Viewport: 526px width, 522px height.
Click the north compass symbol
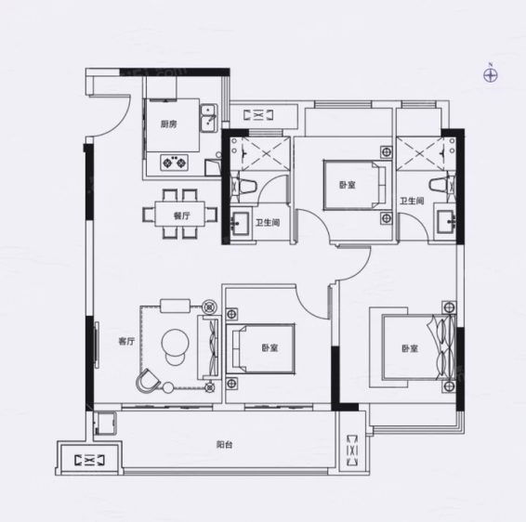491,75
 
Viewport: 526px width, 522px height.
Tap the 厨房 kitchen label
168,124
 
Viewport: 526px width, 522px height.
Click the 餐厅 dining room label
181,215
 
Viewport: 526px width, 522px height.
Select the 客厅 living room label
126,341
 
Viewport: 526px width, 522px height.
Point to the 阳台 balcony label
224,445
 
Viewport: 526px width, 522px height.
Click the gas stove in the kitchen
174,163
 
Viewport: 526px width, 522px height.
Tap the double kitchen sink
209,118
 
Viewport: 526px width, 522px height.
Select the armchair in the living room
148,381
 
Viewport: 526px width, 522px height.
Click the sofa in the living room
209,347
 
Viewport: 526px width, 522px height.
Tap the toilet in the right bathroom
442,185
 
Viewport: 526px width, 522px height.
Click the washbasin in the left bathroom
240,223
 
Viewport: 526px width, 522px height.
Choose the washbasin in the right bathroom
446,222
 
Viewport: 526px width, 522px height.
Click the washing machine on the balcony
105,424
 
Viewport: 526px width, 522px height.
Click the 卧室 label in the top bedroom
348,185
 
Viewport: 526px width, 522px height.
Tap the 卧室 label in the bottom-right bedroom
410,348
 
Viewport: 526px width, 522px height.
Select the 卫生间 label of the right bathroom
412,202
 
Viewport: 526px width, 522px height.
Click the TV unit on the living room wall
97,346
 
